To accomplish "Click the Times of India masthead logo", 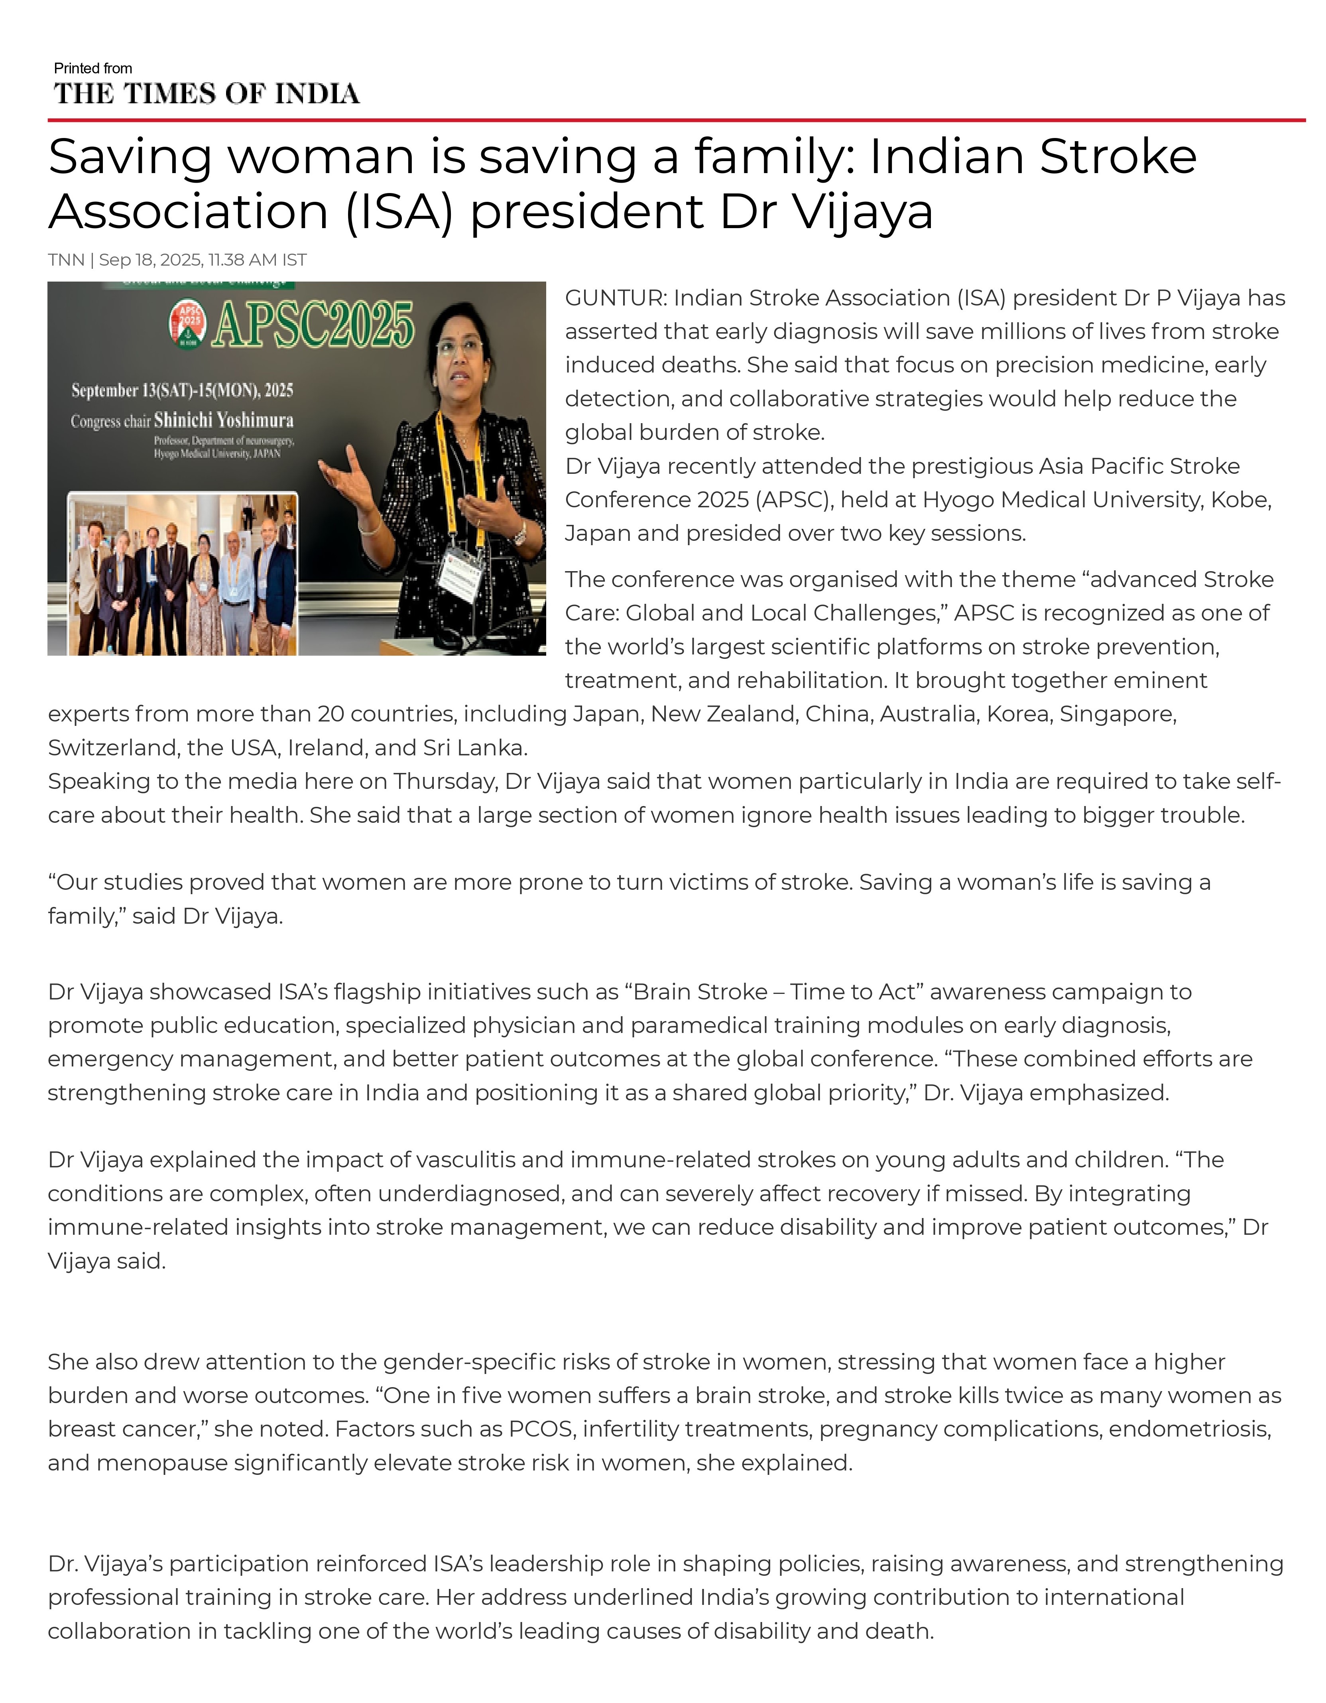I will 207,94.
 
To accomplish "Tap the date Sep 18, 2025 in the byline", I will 150,260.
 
